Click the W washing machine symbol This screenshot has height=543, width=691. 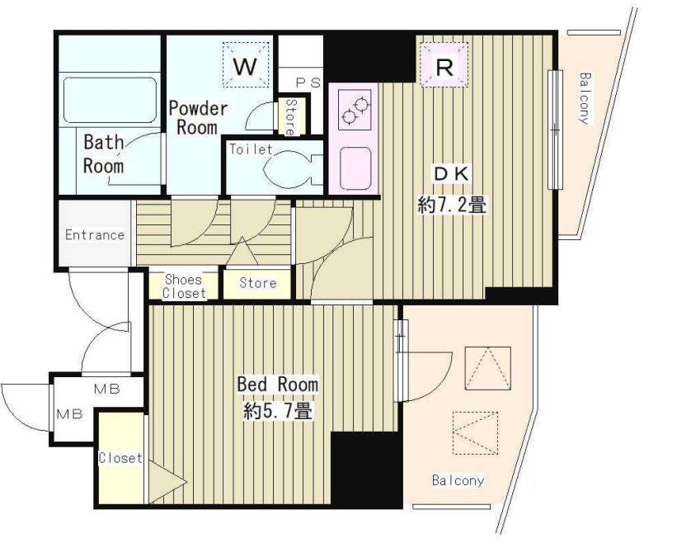246,64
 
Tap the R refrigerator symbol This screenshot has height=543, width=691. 444,64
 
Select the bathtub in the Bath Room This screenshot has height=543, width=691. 110,100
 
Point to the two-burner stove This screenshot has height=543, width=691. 355,111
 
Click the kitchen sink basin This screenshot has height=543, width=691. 355,168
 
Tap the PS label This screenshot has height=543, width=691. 308,83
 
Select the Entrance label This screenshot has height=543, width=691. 95,234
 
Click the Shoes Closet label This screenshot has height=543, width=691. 184,286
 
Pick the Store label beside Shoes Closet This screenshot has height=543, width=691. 258,282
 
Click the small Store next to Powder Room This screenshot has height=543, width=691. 291,117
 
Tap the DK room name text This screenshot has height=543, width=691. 452,173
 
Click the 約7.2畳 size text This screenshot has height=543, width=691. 452,205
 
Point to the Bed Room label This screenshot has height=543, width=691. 278,385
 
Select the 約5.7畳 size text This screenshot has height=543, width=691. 279,411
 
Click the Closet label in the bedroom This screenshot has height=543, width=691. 120,458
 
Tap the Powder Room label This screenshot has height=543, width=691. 198,118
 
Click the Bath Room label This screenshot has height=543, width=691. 104,154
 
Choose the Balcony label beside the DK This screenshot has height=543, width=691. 585,98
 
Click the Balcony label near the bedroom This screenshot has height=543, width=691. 458,480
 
